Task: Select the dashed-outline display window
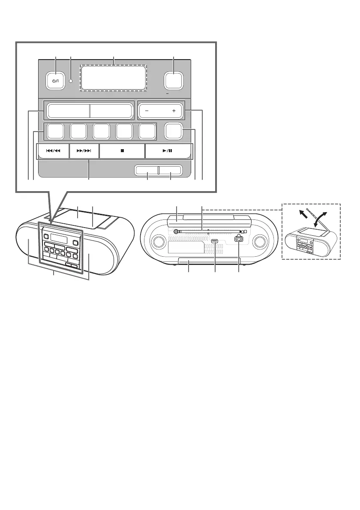click(x=114, y=78)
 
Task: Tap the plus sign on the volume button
click(x=174, y=111)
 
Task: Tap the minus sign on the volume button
click(x=147, y=111)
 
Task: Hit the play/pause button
click(x=168, y=151)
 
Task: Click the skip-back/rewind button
click(x=54, y=151)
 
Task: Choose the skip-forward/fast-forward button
click(x=84, y=151)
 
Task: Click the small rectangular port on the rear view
click(x=215, y=241)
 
